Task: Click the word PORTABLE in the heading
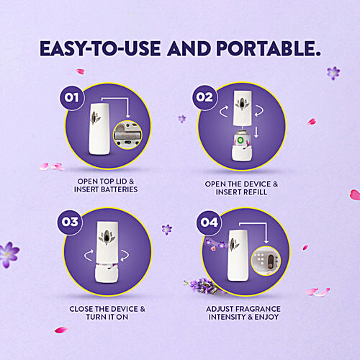(260, 50)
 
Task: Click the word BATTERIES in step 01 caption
(119, 190)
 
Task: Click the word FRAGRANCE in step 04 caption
(260, 310)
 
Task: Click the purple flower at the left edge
(8, 253)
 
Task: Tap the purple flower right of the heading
(333, 73)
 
